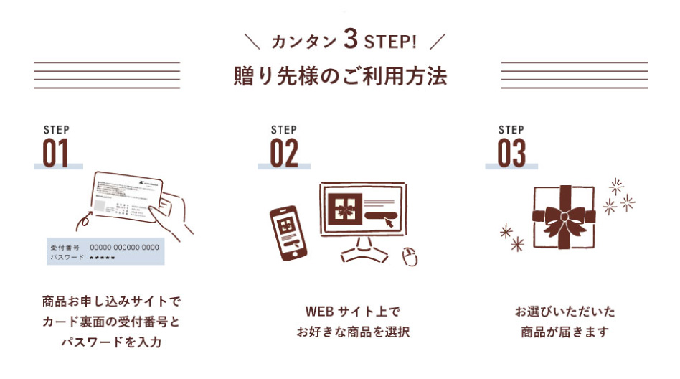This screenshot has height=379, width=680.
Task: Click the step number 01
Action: [56, 153]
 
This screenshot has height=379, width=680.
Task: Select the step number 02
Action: [284, 153]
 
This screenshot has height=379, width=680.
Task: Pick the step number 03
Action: [511, 153]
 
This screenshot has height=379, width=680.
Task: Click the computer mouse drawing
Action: [410, 256]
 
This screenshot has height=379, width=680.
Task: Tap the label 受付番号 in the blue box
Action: [65, 247]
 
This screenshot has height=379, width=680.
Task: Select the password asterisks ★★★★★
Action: [103, 256]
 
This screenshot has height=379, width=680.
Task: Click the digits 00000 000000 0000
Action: [124, 247]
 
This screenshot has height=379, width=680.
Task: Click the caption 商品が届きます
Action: [565, 333]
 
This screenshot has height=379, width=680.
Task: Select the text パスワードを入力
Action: [110, 342]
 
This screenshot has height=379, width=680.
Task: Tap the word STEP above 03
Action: [511, 130]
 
